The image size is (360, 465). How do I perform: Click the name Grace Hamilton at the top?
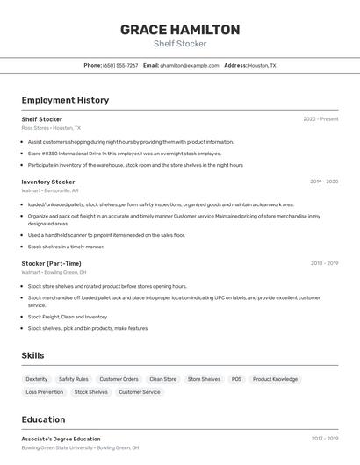(180, 30)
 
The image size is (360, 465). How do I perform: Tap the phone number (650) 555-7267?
(120, 65)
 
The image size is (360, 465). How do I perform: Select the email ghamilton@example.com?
(189, 65)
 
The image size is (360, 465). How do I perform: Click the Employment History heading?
(65, 100)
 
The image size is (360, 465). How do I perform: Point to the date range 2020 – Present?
(320, 119)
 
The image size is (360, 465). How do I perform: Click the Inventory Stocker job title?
(48, 182)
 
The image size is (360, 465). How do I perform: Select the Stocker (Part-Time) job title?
(51, 263)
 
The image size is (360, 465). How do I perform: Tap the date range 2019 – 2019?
(323, 182)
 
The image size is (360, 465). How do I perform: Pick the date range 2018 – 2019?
(323, 263)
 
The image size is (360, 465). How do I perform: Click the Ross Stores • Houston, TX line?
(51, 128)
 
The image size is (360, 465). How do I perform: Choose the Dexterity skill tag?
(37, 379)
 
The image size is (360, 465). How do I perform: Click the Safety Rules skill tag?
(74, 379)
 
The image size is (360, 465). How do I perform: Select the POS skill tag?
(236, 379)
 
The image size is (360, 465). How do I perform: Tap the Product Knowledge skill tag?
(275, 379)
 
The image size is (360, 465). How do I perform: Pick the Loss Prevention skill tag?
(45, 392)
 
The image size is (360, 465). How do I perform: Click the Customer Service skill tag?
(140, 392)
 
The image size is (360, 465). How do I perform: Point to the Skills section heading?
(32, 355)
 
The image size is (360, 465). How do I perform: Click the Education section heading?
(43, 419)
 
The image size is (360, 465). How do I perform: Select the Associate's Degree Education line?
(61, 439)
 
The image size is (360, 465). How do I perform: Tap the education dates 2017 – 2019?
(324, 439)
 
